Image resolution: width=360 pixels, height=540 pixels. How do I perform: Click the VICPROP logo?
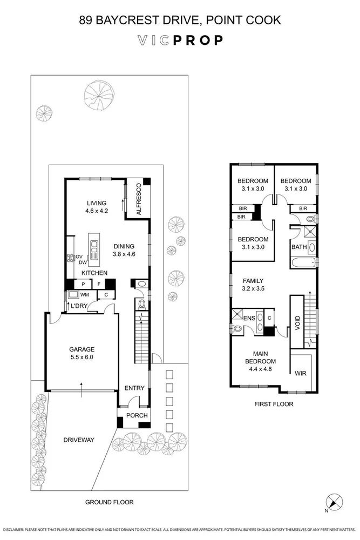180,40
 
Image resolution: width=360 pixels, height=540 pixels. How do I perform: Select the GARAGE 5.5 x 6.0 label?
81,353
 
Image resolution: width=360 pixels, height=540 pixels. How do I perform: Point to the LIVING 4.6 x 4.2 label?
97,207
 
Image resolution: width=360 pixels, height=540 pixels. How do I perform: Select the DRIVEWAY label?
78,440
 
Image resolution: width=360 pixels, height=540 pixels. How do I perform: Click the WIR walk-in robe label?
301,373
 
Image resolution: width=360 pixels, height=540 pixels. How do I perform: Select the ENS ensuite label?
249,319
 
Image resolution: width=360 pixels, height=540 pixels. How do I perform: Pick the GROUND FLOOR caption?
110,502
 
